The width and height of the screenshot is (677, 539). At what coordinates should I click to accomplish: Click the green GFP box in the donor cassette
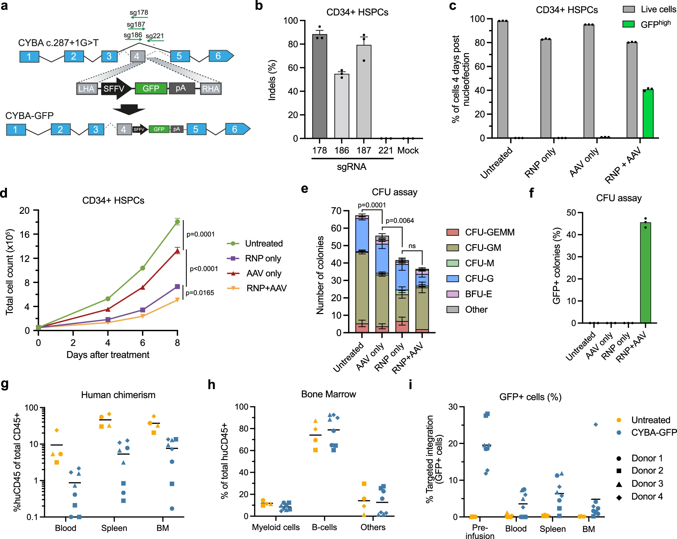[151, 88]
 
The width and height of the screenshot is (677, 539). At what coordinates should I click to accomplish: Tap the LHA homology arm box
[87, 88]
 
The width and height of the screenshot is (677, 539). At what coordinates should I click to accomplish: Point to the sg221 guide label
[155, 36]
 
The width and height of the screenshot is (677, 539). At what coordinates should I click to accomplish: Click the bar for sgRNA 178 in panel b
[320, 86]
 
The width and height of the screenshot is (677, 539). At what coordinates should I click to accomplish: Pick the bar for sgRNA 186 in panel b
[342, 106]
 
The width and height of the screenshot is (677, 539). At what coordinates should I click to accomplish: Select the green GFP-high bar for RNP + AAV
[648, 113]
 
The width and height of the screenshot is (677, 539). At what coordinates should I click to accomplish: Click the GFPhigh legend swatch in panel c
[628, 24]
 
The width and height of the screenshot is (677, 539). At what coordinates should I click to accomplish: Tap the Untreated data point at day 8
[177, 222]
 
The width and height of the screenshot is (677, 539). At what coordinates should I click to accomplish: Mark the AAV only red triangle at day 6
[143, 287]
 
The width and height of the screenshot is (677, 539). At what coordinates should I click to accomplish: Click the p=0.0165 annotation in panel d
[200, 293]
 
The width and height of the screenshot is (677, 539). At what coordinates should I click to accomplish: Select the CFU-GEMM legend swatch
[452, 232]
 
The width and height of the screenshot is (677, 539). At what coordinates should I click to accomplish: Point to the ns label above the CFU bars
[412, 246]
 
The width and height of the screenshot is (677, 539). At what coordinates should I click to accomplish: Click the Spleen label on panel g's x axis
[114, 528]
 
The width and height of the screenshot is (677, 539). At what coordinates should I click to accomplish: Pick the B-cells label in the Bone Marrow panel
[324, 527]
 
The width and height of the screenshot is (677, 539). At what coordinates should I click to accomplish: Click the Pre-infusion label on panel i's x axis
[480, 532]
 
